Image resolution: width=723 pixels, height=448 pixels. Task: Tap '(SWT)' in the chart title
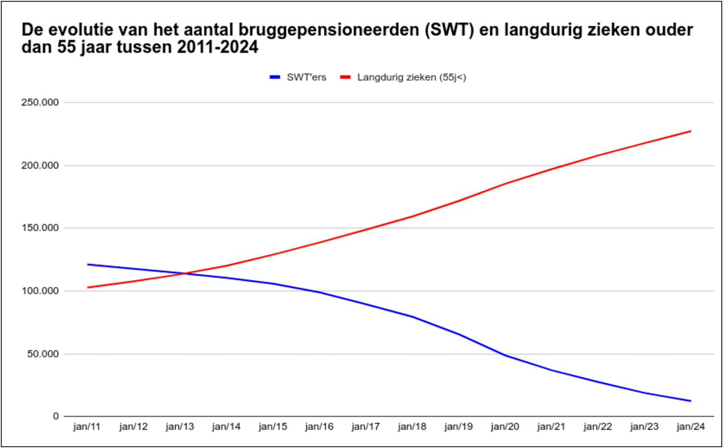point(444,30)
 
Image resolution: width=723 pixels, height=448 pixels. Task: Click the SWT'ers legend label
point(306,77)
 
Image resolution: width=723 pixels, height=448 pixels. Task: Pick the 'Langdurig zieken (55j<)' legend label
point(412,77)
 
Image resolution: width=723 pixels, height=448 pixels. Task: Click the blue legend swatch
point(274,77)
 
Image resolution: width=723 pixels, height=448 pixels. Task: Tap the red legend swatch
point(345,77)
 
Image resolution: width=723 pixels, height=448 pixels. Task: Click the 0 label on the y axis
point(56,417)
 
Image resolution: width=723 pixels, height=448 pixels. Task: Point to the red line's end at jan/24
point(690,131)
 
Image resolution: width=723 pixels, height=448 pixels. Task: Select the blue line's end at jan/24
point(690,401)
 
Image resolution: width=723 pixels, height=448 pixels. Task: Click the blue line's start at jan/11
point(88,265)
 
